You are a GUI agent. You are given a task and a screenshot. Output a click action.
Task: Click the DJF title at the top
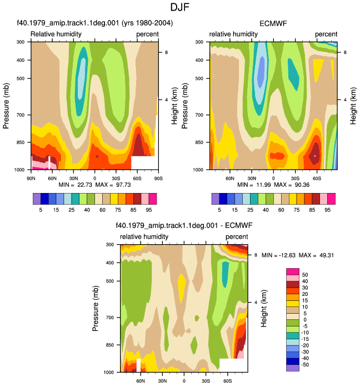(x=180, y=7)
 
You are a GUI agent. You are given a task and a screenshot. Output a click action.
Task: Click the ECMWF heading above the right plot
(x=273, y=23)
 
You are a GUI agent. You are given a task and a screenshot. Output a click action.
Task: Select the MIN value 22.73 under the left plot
(x=84, y=185)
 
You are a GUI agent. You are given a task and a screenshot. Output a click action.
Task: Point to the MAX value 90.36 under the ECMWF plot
(x=302, y=185)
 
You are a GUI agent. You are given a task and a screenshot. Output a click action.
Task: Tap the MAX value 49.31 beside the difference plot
(x=327, y=255)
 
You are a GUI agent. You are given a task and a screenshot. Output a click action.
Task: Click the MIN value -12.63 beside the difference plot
(x=287, y=255)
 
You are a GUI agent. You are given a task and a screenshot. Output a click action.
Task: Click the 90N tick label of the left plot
(x=31, y=178)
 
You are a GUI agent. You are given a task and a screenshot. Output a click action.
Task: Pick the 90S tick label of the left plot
(x=158, y=178)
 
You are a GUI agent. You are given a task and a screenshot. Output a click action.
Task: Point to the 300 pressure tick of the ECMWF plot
(x=199, y=42)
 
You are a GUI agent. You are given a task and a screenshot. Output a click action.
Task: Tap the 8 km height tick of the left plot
(x=166, y=52)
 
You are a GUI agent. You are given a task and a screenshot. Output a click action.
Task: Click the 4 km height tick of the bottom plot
(x=256, y=303)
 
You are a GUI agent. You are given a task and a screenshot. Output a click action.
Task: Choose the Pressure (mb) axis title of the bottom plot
(x=96, y=308)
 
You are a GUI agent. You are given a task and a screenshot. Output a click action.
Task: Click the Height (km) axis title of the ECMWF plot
(x=353, y=106)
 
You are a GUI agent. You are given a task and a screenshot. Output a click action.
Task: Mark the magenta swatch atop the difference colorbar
(x=293, y=271)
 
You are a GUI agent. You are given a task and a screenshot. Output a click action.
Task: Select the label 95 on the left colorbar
(x=148, y=210)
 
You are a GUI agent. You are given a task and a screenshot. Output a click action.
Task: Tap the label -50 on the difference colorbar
(x=304, y=364)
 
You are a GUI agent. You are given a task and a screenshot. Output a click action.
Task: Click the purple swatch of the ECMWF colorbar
(x=216, y=199)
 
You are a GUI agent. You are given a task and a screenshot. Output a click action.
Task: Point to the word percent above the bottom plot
(x=237, y=237)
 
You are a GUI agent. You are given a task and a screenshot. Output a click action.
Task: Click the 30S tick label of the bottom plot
(x=206, y=381)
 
